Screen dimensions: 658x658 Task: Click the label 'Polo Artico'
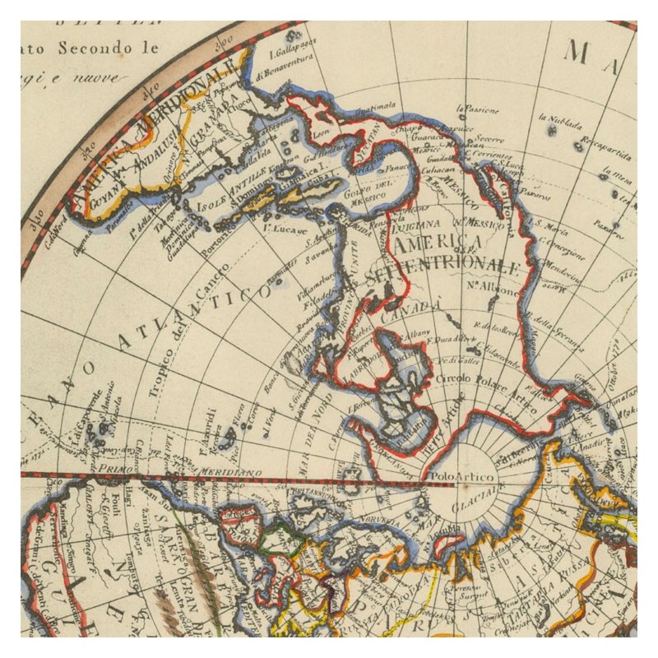click(x=449, y=476)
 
